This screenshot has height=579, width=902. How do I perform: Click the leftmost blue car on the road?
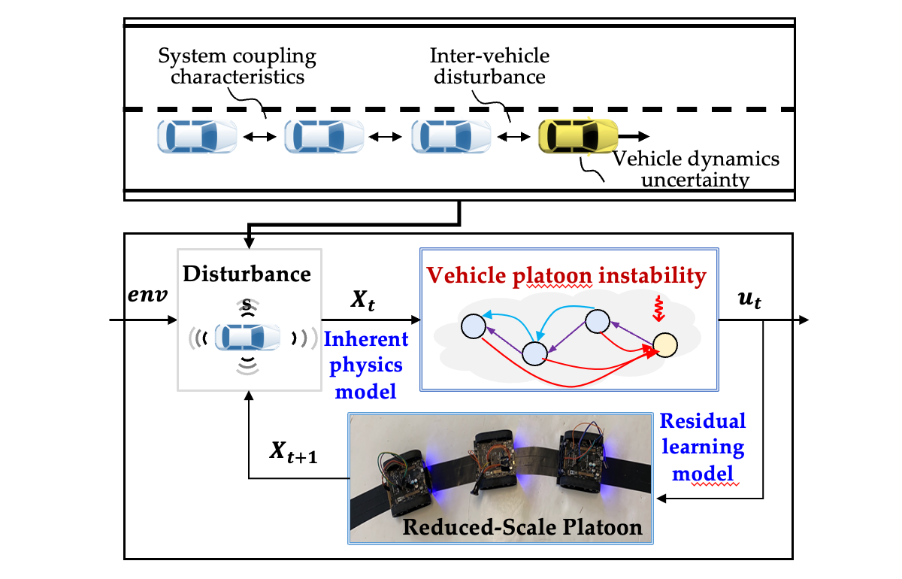click(196, 138)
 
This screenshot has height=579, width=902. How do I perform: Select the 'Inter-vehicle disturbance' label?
click(489, 66)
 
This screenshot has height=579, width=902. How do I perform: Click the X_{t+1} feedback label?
click(293, 453)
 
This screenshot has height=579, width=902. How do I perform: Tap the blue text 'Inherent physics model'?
click(366, 365)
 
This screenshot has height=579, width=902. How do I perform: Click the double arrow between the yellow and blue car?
click(515, 137)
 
